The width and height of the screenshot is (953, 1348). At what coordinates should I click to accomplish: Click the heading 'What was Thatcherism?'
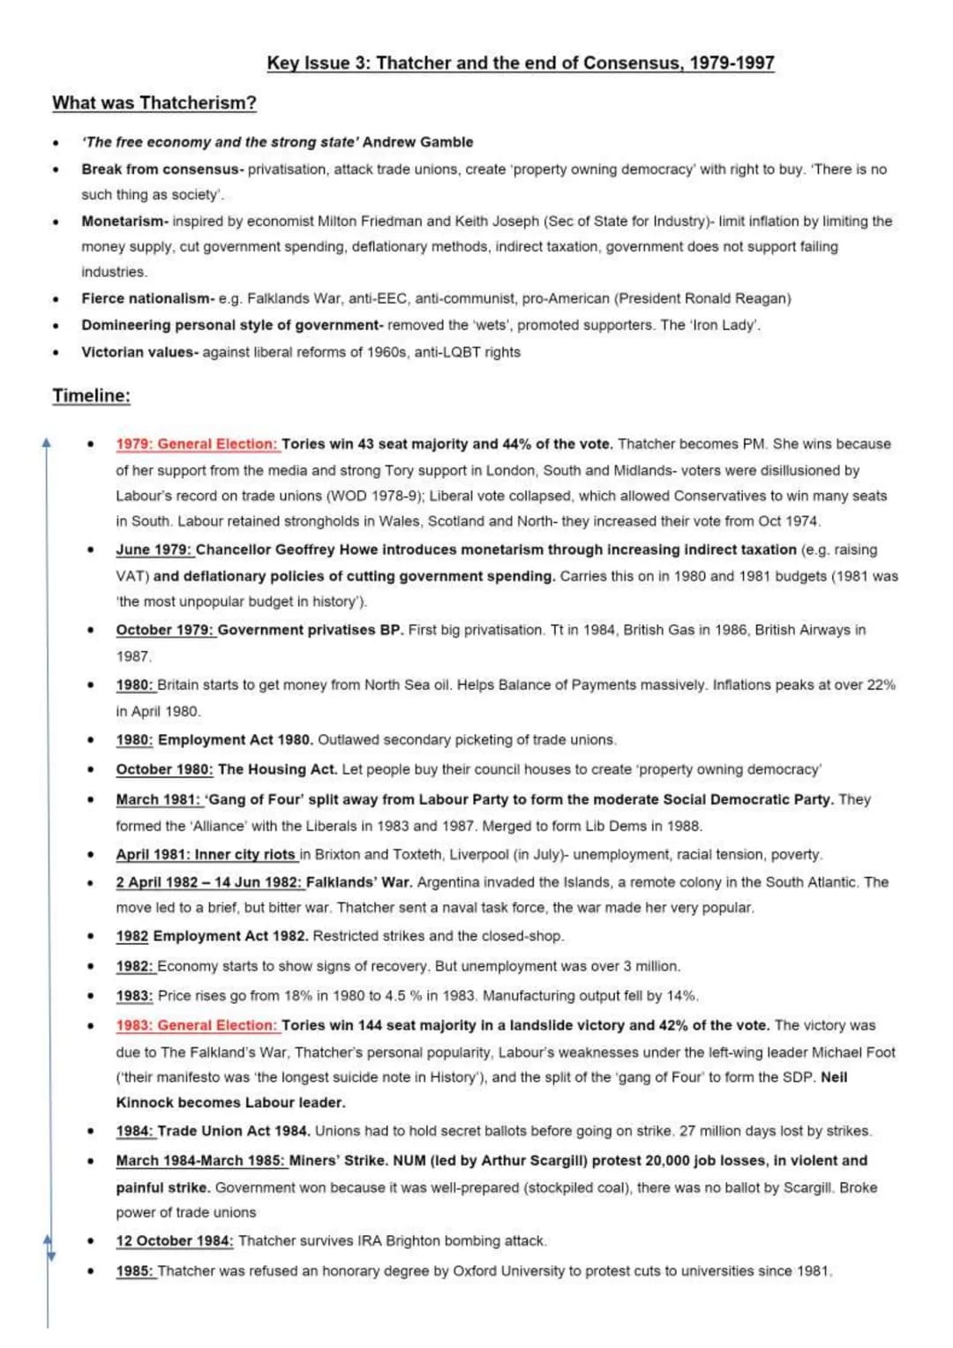click(154, 103)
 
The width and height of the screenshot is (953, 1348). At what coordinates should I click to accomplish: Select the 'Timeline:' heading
click(91, 395)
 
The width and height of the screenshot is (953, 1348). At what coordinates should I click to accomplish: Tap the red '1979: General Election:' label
click(196, 444)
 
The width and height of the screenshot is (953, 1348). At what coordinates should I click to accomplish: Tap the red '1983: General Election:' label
click(196, 1025)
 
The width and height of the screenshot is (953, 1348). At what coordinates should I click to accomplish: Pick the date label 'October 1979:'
click(165, 630)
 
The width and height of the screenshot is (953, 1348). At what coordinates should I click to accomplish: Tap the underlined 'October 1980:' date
click(164, 769)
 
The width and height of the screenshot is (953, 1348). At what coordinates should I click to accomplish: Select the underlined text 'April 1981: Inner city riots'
click(206, 854)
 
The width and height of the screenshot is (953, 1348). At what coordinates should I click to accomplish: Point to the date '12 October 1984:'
click(175, 1240)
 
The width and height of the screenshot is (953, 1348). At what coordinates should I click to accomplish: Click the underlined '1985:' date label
click(135, 1270)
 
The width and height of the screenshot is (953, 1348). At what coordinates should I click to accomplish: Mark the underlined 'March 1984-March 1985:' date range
click(200, 1160)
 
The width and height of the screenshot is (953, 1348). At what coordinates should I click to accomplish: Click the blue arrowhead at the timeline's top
click(48, 442)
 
